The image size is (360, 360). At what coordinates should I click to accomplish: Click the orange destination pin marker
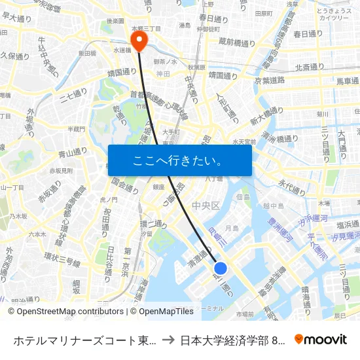139,42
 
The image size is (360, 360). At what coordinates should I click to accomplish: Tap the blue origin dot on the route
221,268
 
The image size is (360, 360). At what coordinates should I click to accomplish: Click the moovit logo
320,340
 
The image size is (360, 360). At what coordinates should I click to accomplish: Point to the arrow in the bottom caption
168,340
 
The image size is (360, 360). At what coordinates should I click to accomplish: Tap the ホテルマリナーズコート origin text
84,340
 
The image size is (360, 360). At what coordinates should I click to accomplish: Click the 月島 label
232,228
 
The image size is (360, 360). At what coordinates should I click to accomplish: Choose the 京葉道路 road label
269,79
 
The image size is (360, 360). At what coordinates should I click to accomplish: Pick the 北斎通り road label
312,67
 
